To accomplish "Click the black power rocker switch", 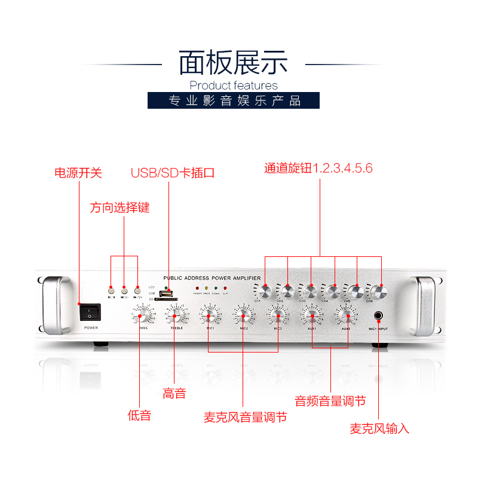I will tap(90, 312).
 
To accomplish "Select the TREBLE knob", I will tap(176, 315).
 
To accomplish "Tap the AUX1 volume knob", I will tap(311, 315).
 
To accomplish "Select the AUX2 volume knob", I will tap(345, 315).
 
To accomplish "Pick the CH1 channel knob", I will tap(265, 292).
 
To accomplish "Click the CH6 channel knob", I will tap(378, 292).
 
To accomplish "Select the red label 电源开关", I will tap(78, 173).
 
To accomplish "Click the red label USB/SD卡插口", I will tap(173, 173).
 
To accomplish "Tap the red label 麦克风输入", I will tap(379, 428).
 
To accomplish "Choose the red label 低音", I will tap(139, 416).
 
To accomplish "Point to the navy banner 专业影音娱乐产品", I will tap(234, 100).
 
